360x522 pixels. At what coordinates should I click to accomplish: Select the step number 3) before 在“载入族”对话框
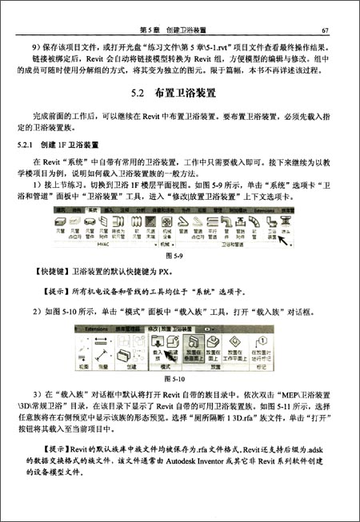coord(42,392)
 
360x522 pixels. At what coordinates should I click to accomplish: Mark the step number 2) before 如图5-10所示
coord(42,311)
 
